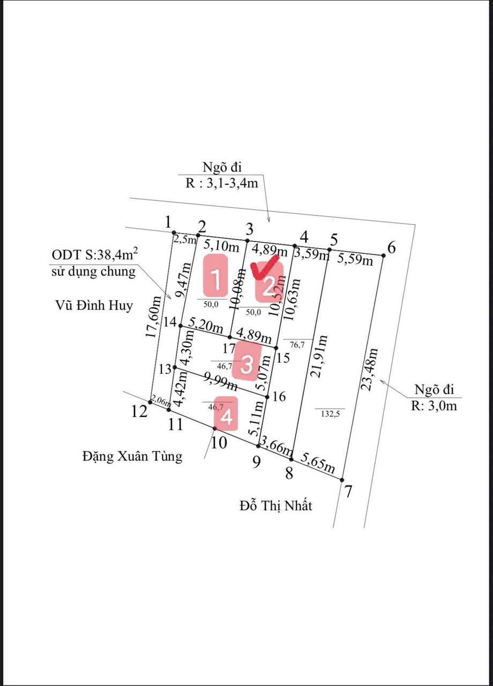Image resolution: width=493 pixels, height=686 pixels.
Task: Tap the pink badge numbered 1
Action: [x=215, y=275]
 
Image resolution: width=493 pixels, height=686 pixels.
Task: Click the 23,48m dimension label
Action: [x=369, y=369]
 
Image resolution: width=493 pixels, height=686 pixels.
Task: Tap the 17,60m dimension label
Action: [x=153, y=317]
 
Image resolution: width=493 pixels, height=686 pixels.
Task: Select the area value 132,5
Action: [x=331, y=414]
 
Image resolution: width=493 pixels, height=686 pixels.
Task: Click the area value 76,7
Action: [x=297, y=345]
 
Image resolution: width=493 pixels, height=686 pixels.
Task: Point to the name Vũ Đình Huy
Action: [x=94, y=305]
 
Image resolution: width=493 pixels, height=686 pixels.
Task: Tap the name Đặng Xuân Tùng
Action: [x=132, y=456]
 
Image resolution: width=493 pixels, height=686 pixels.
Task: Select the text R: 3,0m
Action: [x=434, y=406]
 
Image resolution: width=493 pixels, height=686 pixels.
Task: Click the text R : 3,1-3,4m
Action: [x=222, y=183]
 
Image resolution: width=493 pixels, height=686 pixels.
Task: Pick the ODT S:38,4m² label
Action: [x=95, y=254]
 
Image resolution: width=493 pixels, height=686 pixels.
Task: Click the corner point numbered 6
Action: [x=383, y=256]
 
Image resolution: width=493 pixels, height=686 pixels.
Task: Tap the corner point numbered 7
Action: [x=342, y=480]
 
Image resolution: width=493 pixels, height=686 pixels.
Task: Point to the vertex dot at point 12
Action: [x=150, y=402]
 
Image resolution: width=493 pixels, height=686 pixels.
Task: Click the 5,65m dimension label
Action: [x=317, y=463]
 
